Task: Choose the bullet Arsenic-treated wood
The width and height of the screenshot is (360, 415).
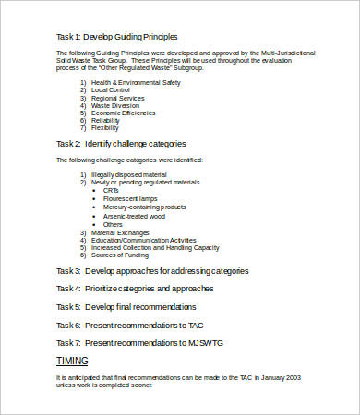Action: coord(136,216)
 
